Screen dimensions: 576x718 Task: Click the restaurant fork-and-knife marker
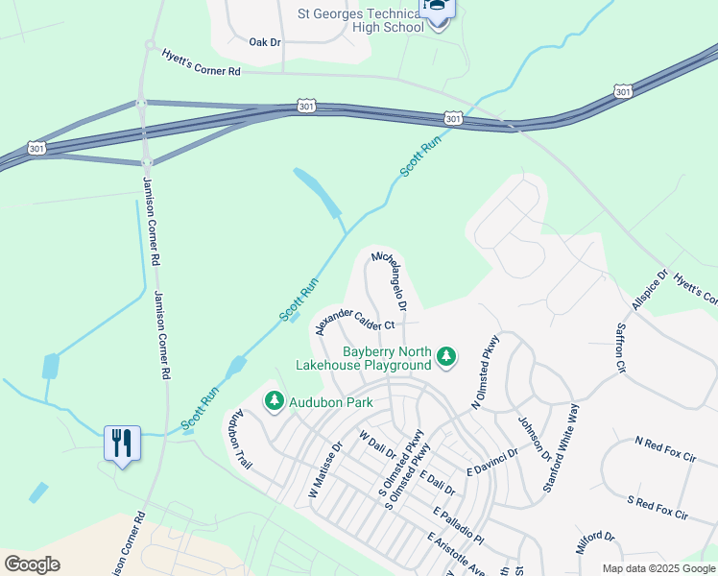coord(122,443)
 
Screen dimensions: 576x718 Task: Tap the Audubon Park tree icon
coord(275,400)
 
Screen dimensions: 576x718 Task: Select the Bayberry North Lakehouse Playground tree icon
coord(445,357)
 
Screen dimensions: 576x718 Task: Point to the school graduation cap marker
coord(438,9)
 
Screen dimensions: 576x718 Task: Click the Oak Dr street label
coord(265,42)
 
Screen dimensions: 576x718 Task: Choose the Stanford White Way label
coord(562,448)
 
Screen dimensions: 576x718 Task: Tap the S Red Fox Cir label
coord(658,508)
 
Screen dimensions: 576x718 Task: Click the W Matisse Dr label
coord(325,469)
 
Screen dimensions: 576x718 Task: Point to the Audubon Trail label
coord(242,441)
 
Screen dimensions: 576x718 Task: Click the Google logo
coord(32,564)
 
